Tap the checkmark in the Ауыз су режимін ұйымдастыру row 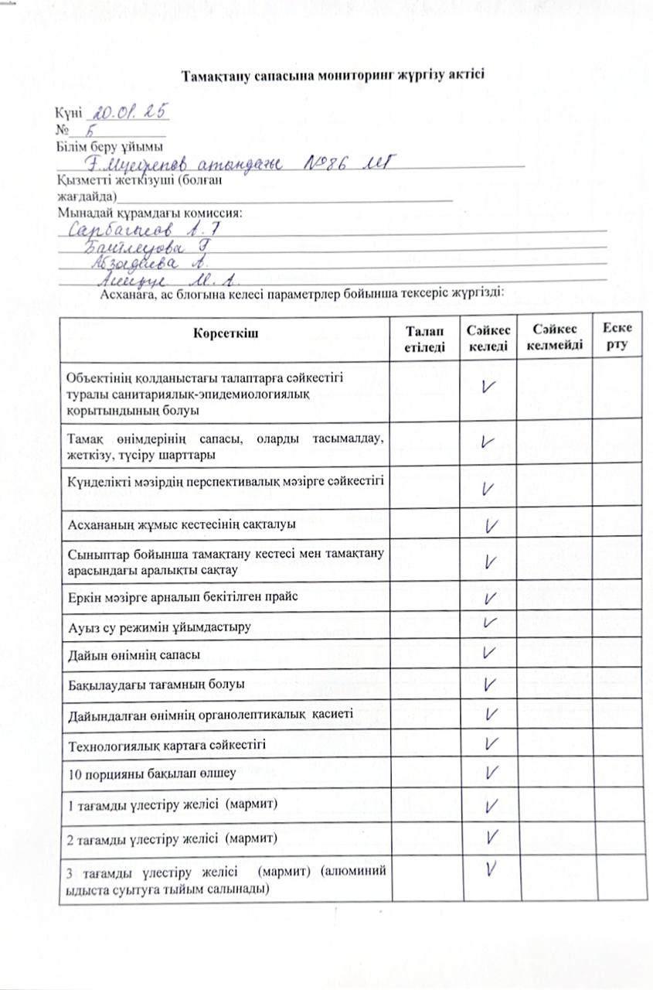point(488,623)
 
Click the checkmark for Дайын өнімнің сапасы point(488,652)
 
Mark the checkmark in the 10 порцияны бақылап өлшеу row point(489,772)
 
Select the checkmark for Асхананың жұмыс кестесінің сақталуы point(489,526)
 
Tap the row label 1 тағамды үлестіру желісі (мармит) point(173,804)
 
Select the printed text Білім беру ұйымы point(109,147)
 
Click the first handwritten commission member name point(145,230)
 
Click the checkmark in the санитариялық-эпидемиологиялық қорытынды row point(488,387)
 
